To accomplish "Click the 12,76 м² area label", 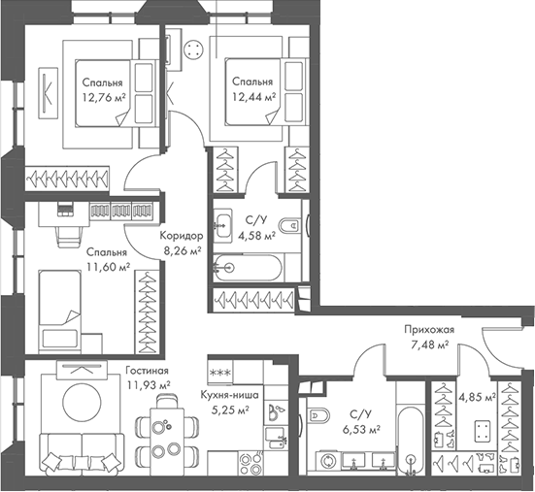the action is click(103, 98).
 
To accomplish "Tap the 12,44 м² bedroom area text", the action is click(253, 97).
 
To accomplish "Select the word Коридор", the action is click(182, 236).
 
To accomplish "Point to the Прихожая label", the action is click(429, 330).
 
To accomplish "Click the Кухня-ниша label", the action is click(229, 395).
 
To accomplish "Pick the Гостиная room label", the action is click(147, 371).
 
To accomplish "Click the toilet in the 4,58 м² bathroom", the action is click(289, 225).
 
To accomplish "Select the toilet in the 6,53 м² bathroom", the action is click(318, 415).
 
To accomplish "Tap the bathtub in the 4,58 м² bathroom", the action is click(248, 268).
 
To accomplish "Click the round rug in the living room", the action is click(82, 403).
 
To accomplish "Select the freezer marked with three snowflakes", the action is click(220, 373).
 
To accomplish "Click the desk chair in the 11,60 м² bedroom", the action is click(70, 236).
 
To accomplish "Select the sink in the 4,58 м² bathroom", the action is click(223, 225).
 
